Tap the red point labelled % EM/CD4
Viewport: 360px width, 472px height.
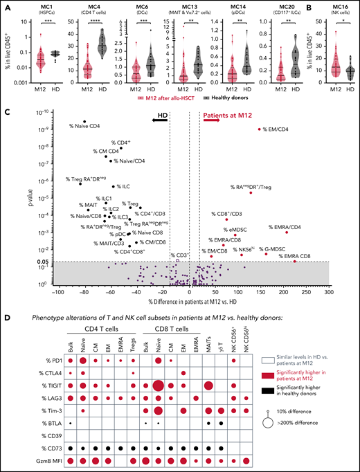[x=260, y=129]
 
